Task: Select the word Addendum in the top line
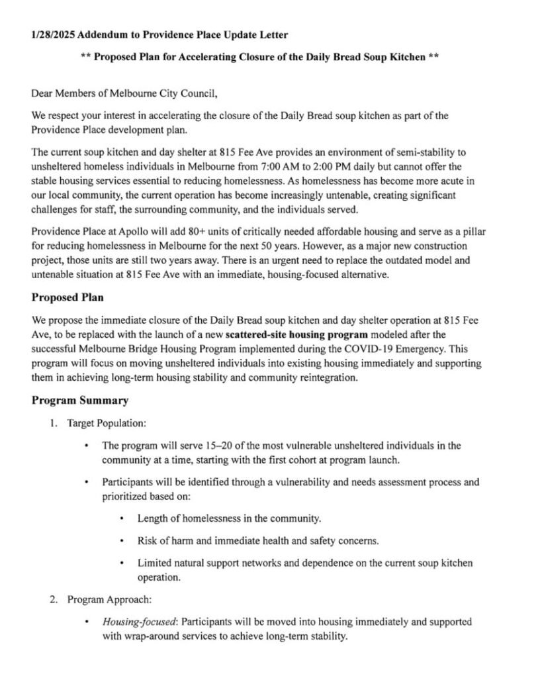pos(101,34)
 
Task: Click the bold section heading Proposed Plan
pos(67,298)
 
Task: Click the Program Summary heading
pos(79,400)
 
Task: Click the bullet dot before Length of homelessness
pos(122,518)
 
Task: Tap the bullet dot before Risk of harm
pos(122,541)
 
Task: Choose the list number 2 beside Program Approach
pos(52,600)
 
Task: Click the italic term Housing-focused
pos(140,622)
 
